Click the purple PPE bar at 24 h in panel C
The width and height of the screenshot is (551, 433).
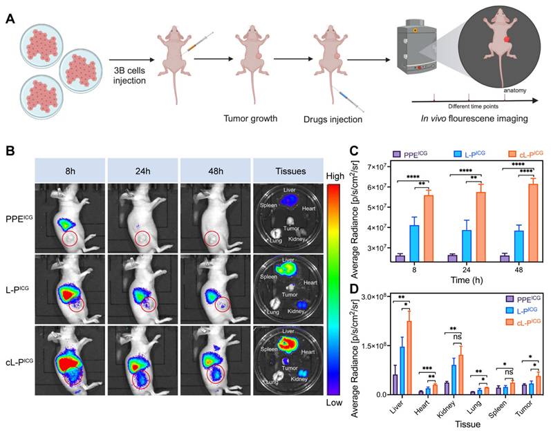[x=452, y=257]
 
